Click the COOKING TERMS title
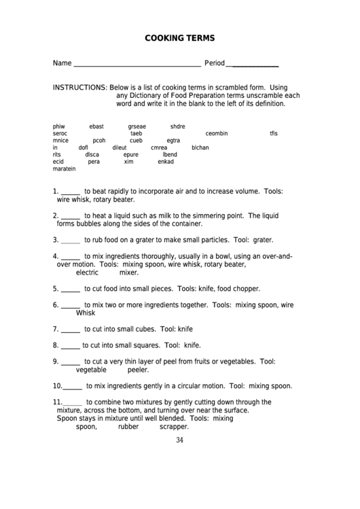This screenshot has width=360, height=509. (179, 39)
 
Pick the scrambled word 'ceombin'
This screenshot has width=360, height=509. (216, 133)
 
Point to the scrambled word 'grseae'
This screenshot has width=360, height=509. (137, 126)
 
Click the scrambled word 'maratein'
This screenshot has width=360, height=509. (64, 169)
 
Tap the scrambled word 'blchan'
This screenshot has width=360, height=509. (200, 147)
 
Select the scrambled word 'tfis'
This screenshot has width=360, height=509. (274, 133)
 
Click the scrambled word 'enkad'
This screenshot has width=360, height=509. (166, 162)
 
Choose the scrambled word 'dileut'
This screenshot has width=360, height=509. (120, 147)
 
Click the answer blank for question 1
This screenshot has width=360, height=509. (71, 192)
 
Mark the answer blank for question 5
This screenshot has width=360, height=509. (71, 289)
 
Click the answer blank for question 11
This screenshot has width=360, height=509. (73, 402)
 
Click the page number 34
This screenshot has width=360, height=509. (179, 440)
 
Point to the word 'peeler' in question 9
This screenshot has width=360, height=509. (138, 370)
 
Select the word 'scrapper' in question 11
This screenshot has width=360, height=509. (174, 427)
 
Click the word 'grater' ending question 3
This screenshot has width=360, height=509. (262, 240)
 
